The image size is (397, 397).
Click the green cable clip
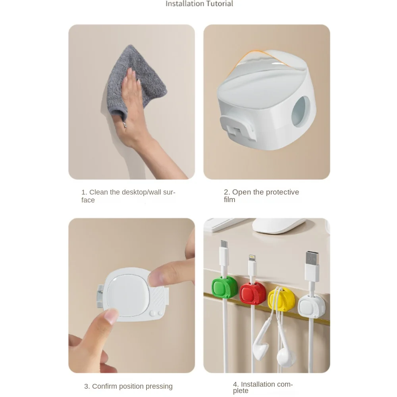pyautogui.click(x=224, y=289)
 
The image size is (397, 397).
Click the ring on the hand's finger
pyautogui.click(x=124, y=125)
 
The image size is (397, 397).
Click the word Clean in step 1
pyautogui.click(x=98, y=192)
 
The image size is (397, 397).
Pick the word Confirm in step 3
pyautogui.click(x=106, y=386)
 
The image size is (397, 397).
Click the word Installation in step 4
pyautogui.click(x=258, y=384)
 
